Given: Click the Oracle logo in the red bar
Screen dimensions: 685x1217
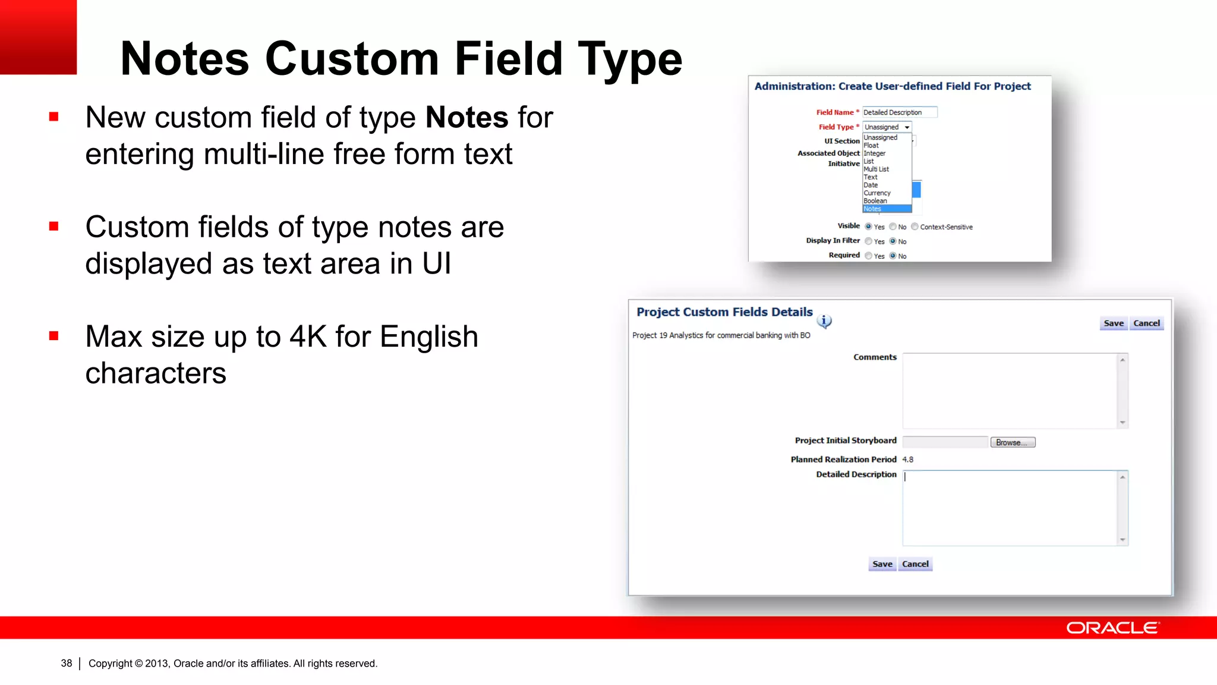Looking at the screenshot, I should tap(1112, 628).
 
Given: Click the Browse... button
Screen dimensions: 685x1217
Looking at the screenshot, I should tap(1013, 442).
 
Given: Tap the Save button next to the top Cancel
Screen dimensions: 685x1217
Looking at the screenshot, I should tap(1113, 323).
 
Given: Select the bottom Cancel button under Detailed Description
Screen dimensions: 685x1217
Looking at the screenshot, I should tap(915, 564).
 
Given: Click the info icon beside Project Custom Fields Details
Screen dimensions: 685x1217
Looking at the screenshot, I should tap(824, 321).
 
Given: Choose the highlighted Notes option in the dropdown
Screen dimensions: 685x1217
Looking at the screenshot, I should tap(886, 209).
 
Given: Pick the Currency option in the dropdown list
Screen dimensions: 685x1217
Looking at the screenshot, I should tap(877, 193).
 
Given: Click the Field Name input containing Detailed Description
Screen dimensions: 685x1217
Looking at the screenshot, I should tap(899, 112).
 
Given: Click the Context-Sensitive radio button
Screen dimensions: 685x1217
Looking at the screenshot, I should tap(915, 227).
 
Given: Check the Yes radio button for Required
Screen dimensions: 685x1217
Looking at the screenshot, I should tap(869, 256).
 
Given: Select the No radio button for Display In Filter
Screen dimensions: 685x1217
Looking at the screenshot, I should tap(893, 241).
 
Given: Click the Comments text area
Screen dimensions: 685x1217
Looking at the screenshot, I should tap(1010, 391).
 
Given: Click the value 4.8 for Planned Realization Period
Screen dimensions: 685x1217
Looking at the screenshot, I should tap(907, 460).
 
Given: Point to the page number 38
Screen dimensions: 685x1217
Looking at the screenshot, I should tap(67, 663).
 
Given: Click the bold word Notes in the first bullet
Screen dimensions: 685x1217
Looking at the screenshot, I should tap(466, 117).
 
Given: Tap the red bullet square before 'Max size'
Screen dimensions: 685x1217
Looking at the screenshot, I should tap(54, 336).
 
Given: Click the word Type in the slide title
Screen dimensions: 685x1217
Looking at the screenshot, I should tap(630, 59).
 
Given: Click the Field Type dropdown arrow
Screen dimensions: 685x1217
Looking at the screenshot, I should tap(907, 127).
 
